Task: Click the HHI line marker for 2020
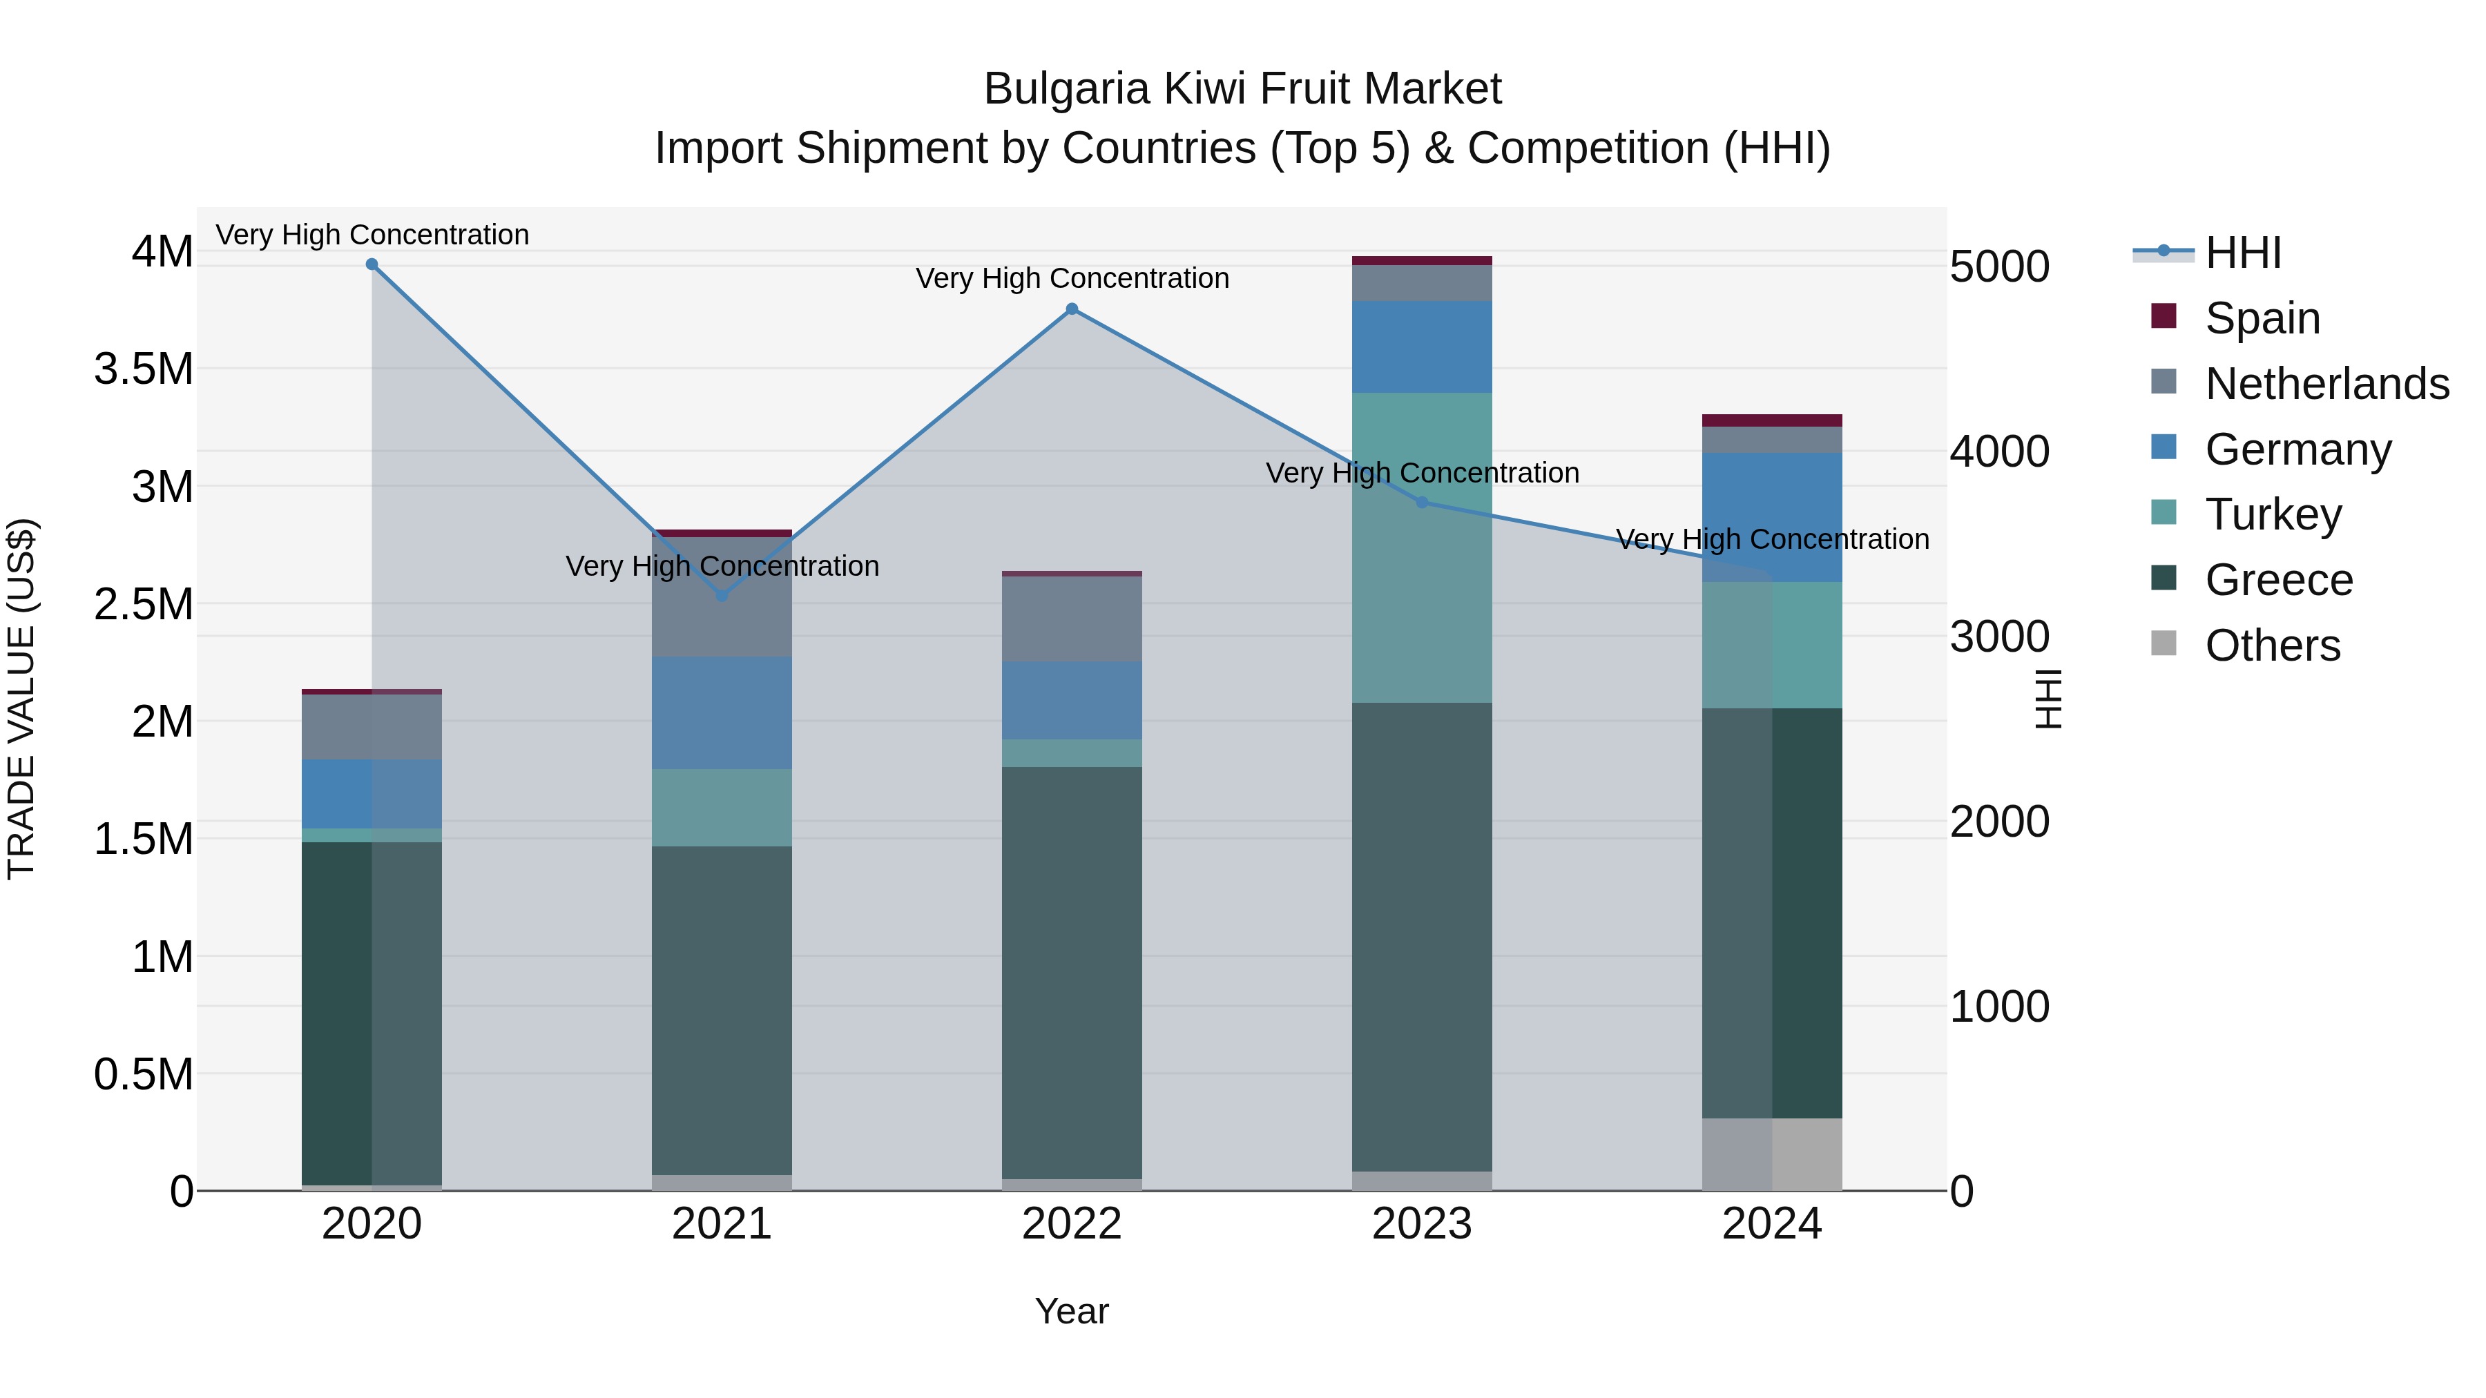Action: [x=372, y=264]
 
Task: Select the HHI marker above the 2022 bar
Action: [x=1071, y=309]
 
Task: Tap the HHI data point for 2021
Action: [x=722, y=595]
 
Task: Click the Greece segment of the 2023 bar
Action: [x=1422, y=936]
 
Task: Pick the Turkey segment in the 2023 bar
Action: [x=1422, y=547]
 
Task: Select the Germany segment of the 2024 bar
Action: [x=1772, y=516]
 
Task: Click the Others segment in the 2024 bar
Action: [x=1772, y=1154]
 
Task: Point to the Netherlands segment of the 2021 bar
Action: [x=722, y=597]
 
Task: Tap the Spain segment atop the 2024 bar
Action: [x=1772, y=420]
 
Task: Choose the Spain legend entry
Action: [x=2262, y=318]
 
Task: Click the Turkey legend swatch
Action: [x=2164, y=512]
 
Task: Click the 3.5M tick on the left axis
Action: [x=143, y=369]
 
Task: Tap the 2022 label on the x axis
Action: [x=1071, y=1224]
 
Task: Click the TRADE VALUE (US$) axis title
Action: [x=21, y=699]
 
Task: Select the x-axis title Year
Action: [x=1071, y=1311]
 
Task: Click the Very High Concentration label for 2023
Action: [x=1422, y=473]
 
